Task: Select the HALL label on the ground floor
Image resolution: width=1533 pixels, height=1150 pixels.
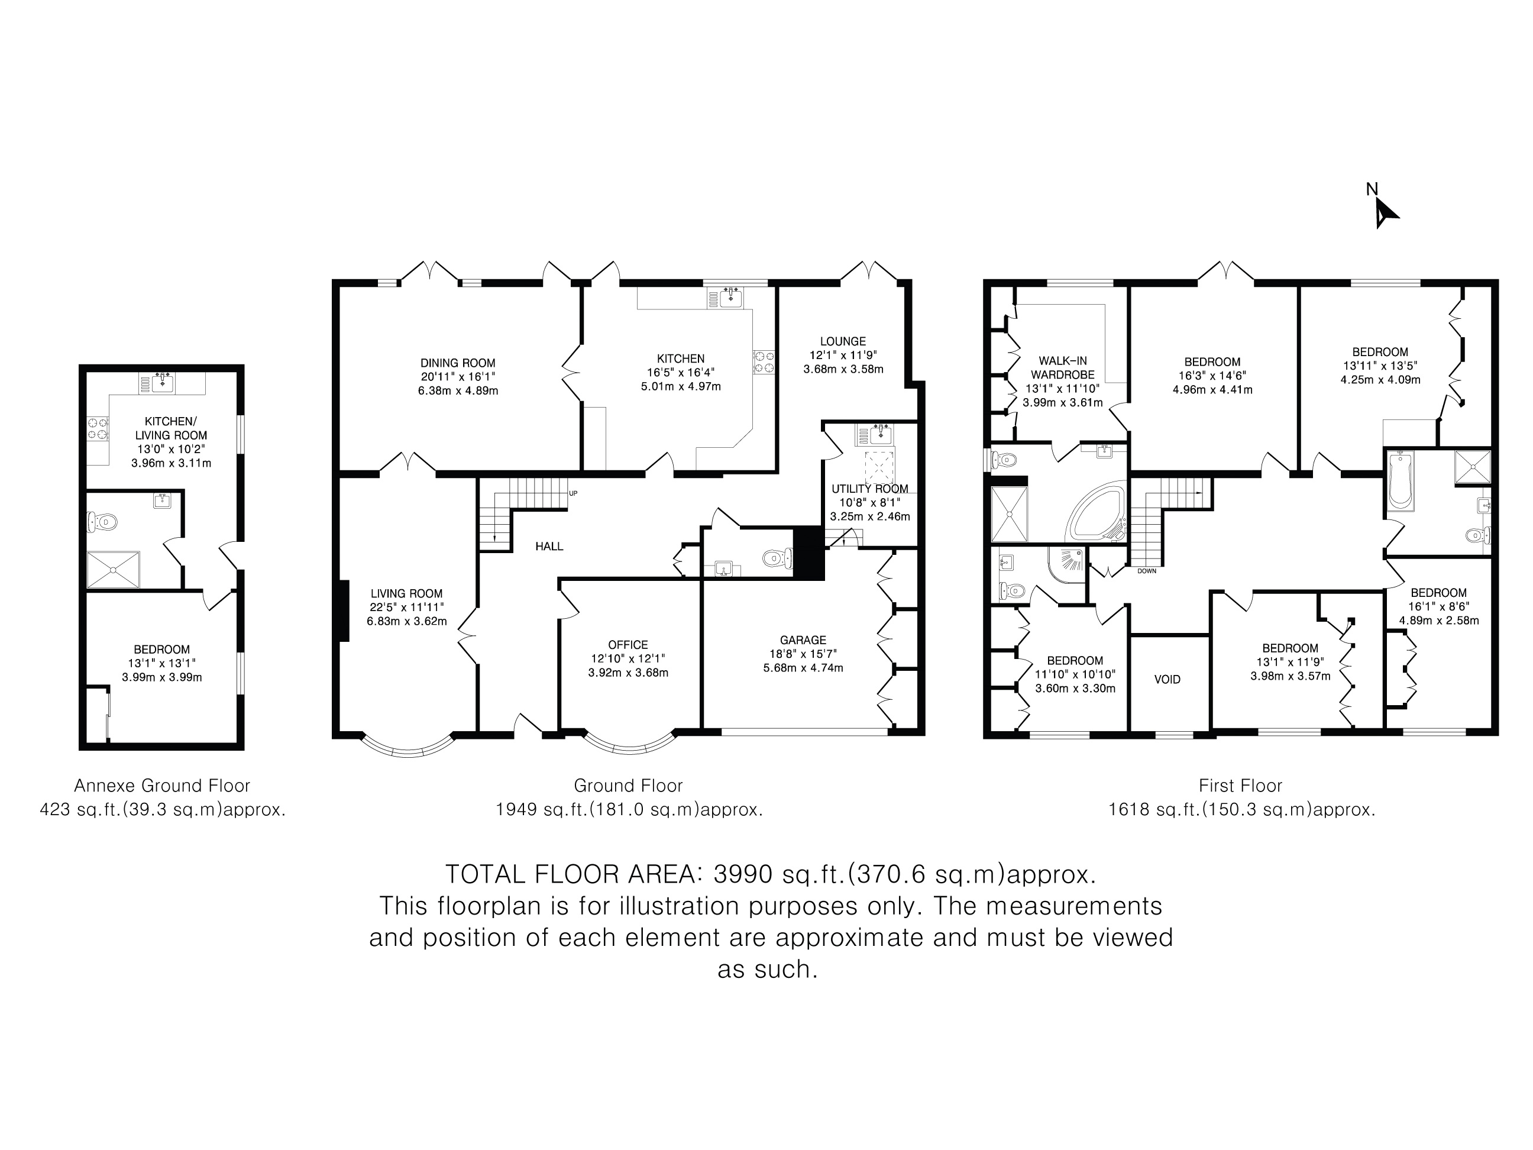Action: (x=549, y=546)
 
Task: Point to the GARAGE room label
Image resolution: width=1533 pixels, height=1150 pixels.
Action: (x=803, y=641)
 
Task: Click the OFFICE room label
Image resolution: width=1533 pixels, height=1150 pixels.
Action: (x=629, y=645)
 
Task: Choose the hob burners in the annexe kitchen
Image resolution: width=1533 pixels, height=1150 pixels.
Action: (x=97, y=428)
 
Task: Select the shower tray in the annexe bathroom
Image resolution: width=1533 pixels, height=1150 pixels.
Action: (x=113, y=569)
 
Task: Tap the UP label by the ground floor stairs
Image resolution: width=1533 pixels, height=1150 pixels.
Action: (x=573, y=493)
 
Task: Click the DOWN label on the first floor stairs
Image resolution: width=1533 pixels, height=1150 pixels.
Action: (x=1147, y=571)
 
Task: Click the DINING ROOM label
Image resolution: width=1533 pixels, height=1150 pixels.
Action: (x=458, y=363)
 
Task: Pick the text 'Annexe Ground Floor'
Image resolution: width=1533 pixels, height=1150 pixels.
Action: (x=162, y=786)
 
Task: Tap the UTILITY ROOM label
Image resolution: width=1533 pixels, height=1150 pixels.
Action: (x=870, y=489)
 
